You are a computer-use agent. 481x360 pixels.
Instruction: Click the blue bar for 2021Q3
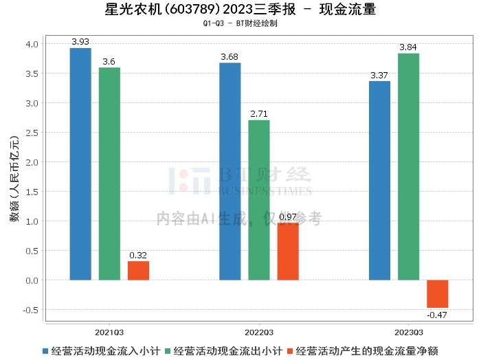coord(80,164)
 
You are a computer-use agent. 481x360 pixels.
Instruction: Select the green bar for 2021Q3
coord(109,174)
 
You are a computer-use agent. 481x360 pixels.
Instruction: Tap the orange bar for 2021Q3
coord(138,271)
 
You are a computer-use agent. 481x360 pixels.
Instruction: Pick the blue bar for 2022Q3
coord(230,172)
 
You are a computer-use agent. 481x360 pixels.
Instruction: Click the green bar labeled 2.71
coord(259,200)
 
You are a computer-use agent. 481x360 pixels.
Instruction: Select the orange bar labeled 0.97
coord(288,251)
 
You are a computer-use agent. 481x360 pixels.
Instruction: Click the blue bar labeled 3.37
coord(379,181)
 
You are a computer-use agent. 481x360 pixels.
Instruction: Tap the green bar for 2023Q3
coord(409,167)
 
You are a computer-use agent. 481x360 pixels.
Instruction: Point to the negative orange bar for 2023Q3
coord(438,294)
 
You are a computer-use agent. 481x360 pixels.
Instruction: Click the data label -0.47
coord(437,315)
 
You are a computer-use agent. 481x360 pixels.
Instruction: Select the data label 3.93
coord(80,41)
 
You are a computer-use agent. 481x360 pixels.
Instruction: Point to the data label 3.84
coord(408,47)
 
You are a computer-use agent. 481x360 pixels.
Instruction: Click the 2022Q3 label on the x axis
coord(259,333)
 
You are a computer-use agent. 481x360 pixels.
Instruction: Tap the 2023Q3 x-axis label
coord(409,333)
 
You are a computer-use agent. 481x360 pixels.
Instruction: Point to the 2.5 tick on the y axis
coord(32,133)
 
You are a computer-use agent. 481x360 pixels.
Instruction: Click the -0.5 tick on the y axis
coord(31,310)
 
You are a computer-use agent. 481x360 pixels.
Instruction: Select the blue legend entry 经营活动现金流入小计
coord(102,351)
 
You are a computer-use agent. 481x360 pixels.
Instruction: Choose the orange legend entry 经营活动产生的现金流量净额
coord(363,351)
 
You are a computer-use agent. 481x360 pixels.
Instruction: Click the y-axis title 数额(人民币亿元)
coord(14,179)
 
